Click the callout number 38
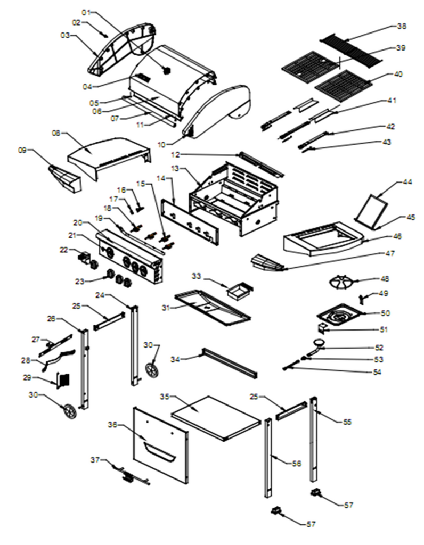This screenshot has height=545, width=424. pos(402,26)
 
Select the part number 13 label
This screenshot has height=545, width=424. pos(176,169)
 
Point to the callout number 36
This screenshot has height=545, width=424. pos(112,425)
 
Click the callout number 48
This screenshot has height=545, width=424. pos(385,279)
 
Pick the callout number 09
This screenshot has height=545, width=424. pos(22,150)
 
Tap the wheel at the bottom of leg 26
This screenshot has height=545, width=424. pos(70,411)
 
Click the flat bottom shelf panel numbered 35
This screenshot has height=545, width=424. pos(216,417)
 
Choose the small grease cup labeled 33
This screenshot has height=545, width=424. pos(240,290)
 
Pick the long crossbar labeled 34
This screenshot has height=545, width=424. pos(229,364)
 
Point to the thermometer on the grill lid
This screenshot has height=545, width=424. pos(167,70)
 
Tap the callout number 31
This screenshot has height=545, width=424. pos(166,308)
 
